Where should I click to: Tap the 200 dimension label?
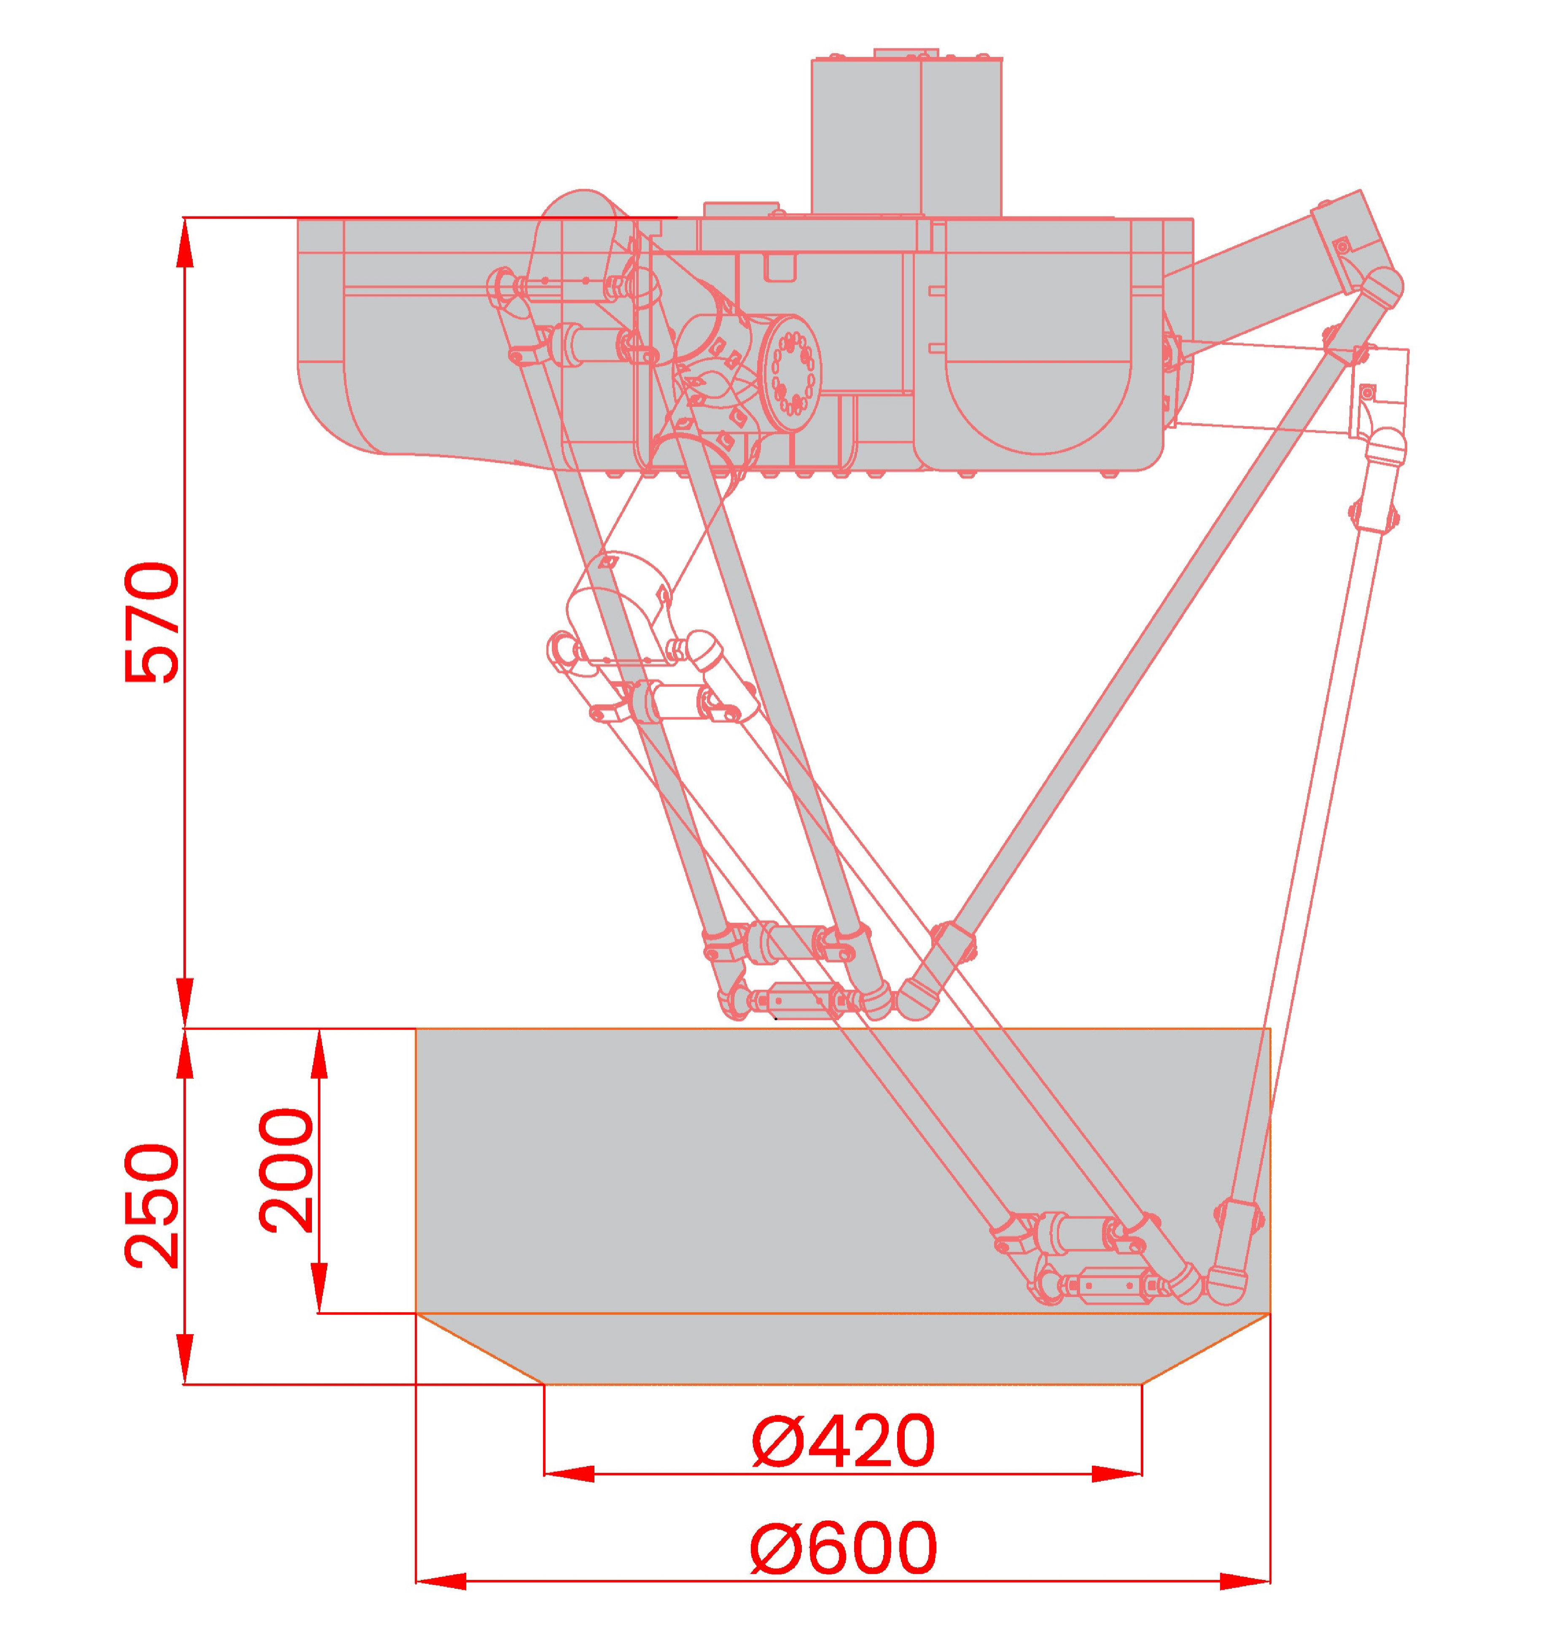[x=286, y=1171]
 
